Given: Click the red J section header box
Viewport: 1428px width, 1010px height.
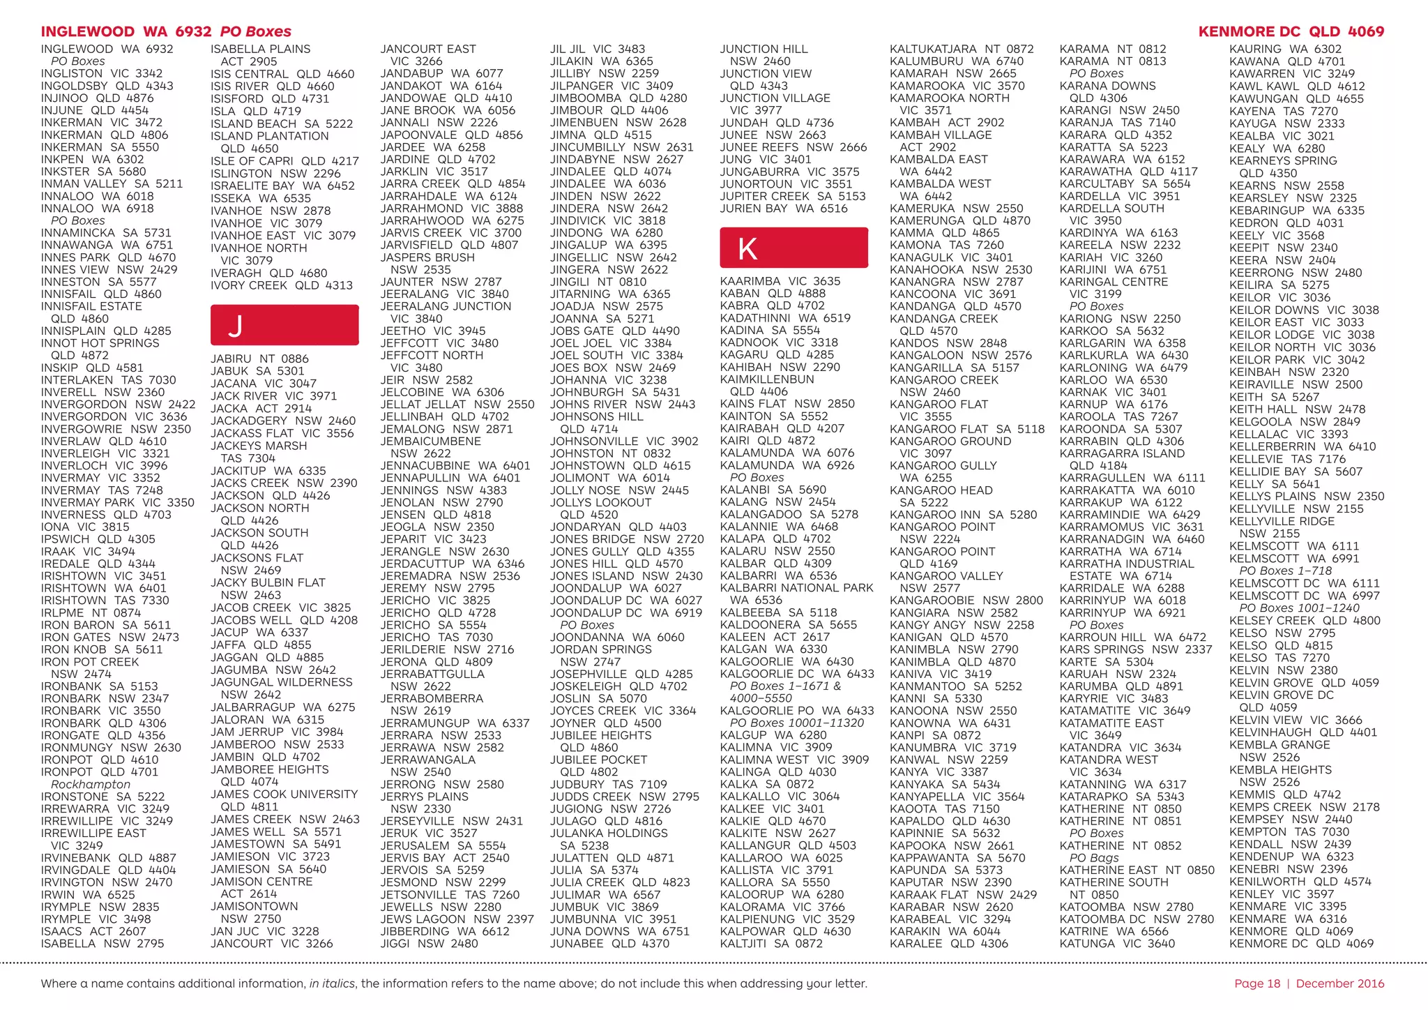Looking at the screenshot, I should coord(284,325).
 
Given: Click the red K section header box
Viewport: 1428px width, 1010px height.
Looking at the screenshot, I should coord(793,248).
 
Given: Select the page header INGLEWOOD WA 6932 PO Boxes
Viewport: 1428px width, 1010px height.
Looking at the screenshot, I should coord(166,31).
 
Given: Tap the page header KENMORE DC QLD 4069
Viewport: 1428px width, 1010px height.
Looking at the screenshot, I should coord(1291,31).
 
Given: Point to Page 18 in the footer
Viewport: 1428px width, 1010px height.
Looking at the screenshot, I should coord(1257,983).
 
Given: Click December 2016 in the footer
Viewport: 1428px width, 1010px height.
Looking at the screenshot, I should coord(1340,983).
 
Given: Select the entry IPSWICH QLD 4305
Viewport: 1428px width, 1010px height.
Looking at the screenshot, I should coord(98,539).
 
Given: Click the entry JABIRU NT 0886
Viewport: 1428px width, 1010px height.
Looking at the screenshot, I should coord(259,359).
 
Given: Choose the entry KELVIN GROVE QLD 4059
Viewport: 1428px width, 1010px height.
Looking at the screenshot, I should coord(1304,683).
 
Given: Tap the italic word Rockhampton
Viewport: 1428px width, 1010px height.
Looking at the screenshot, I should coord(91,784).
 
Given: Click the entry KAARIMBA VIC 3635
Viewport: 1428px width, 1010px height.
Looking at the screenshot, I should coord(780,281).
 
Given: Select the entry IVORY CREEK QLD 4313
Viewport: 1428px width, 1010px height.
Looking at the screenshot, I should coord(282,285).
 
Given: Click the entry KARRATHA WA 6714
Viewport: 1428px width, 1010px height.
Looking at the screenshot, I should coord(1121,552).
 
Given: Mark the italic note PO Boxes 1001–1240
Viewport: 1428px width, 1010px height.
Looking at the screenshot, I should coord(1299,608).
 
